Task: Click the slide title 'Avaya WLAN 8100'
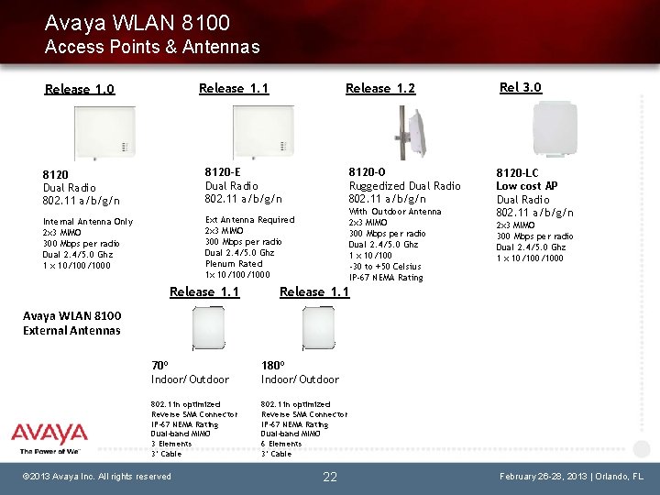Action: [x=137, y=22]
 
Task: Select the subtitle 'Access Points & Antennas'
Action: [x=151, y=47]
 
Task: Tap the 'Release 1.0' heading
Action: [x=80, y=89]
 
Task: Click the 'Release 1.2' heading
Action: [x=379, y=88]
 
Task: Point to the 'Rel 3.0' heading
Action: [x=520, y=87]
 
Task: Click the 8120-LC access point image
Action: [x=555, y=130]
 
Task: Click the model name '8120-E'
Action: [x=224, y=171]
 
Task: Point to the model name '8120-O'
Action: [x=368, y=171]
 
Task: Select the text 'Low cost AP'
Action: [x=526, y=186]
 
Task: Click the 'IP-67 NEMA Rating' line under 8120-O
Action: [x=385, y=278]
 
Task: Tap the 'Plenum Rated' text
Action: [x=234, y=263]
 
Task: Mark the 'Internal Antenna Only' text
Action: [x=88, y=222]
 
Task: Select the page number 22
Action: [x=330, y=476]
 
